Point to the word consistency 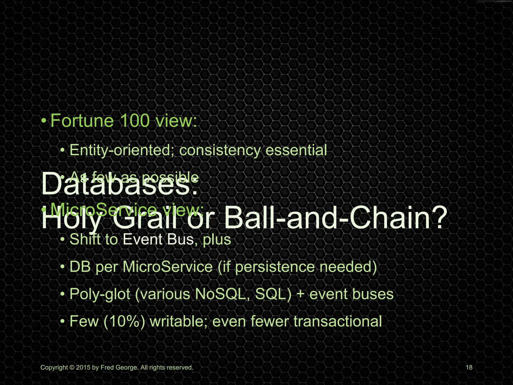coord(220,150)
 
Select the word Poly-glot coord(100,294)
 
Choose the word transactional coord(338,321)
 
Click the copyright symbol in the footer coord(72,368)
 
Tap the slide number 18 coord(469,368)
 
